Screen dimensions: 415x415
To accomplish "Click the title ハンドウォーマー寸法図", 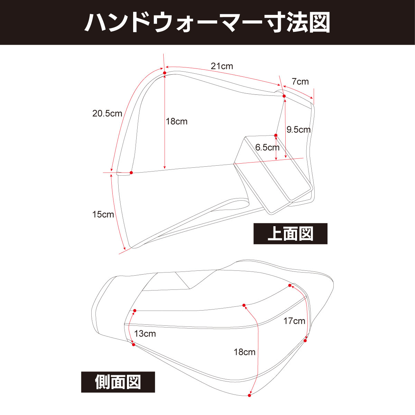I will tap(207, 22).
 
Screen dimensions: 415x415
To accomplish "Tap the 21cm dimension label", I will tap(222, 66).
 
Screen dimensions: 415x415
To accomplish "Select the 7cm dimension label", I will tap(300, 82).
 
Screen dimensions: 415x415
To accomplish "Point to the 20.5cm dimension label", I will tap(107, 113).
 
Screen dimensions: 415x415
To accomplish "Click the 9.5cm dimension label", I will tap(298, 130).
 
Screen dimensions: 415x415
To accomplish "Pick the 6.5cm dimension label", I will tap(267, 147).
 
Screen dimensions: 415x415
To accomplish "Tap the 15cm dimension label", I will tap(103, 214).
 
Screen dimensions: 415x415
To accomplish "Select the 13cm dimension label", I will tap(145, 334).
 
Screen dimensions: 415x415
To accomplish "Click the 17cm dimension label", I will tap(294, 321).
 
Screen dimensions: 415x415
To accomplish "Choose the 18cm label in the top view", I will tap(176, 121).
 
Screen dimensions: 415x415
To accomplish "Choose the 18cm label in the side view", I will tap(245, 352).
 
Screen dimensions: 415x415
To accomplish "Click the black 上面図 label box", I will tap(290, 234).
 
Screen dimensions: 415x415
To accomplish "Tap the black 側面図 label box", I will tap(118, 382).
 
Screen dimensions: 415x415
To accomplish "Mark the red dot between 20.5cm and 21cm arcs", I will tap(165, 73).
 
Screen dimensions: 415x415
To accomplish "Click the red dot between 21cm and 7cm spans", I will tap(284, 96).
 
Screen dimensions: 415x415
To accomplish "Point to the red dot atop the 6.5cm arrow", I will tap(276, 135).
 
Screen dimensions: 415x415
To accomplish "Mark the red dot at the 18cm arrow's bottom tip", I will tap(249, 395).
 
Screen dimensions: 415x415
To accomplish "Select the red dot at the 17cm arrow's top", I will tap(290, 285).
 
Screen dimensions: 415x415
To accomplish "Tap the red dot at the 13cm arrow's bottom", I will tap(133, 344).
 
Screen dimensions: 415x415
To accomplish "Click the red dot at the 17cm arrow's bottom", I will tap(305, 341).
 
